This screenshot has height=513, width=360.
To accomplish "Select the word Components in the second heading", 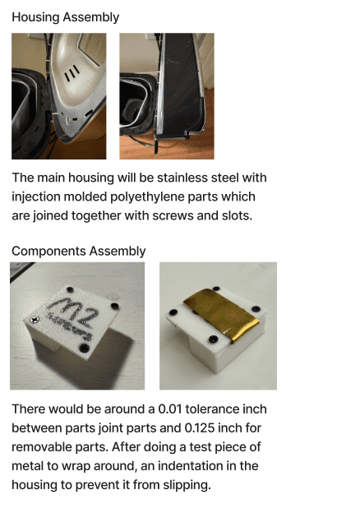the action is click(48, 251).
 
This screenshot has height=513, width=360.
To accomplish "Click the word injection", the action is click(36, 197).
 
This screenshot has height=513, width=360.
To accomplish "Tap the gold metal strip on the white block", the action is click(222, 315).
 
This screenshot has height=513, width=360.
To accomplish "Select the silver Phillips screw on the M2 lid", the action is click(34, 319).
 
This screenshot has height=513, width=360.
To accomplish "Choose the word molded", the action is click(85, 197).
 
